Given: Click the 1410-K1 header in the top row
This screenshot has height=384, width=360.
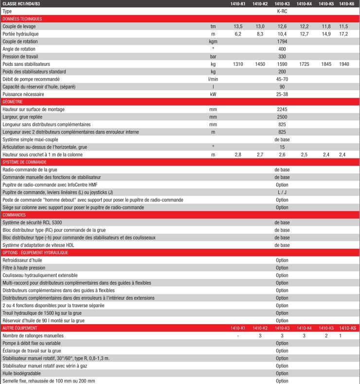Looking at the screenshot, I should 238,4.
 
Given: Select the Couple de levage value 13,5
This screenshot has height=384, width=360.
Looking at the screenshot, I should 238,26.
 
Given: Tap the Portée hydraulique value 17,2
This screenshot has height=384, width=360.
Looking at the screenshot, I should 343,34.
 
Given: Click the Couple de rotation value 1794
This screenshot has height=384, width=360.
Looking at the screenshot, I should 282,41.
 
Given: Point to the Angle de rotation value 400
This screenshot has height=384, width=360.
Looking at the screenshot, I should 282,49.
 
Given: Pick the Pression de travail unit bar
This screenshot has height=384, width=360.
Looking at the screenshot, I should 213,56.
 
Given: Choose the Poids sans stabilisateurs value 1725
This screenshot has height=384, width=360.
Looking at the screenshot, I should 304,64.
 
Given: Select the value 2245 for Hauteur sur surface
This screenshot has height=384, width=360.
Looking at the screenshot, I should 282,110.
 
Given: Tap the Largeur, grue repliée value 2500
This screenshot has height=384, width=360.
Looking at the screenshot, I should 282,117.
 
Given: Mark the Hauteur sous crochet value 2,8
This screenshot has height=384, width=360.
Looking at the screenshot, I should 238,154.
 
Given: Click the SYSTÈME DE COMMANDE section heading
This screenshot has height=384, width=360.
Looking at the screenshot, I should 24,162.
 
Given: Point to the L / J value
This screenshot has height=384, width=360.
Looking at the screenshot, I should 282,192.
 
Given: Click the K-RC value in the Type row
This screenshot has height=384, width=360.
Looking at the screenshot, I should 282,11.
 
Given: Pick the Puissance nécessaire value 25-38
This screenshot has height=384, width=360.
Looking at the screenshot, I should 282,94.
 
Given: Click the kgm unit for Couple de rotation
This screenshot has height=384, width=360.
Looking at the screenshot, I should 213,41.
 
